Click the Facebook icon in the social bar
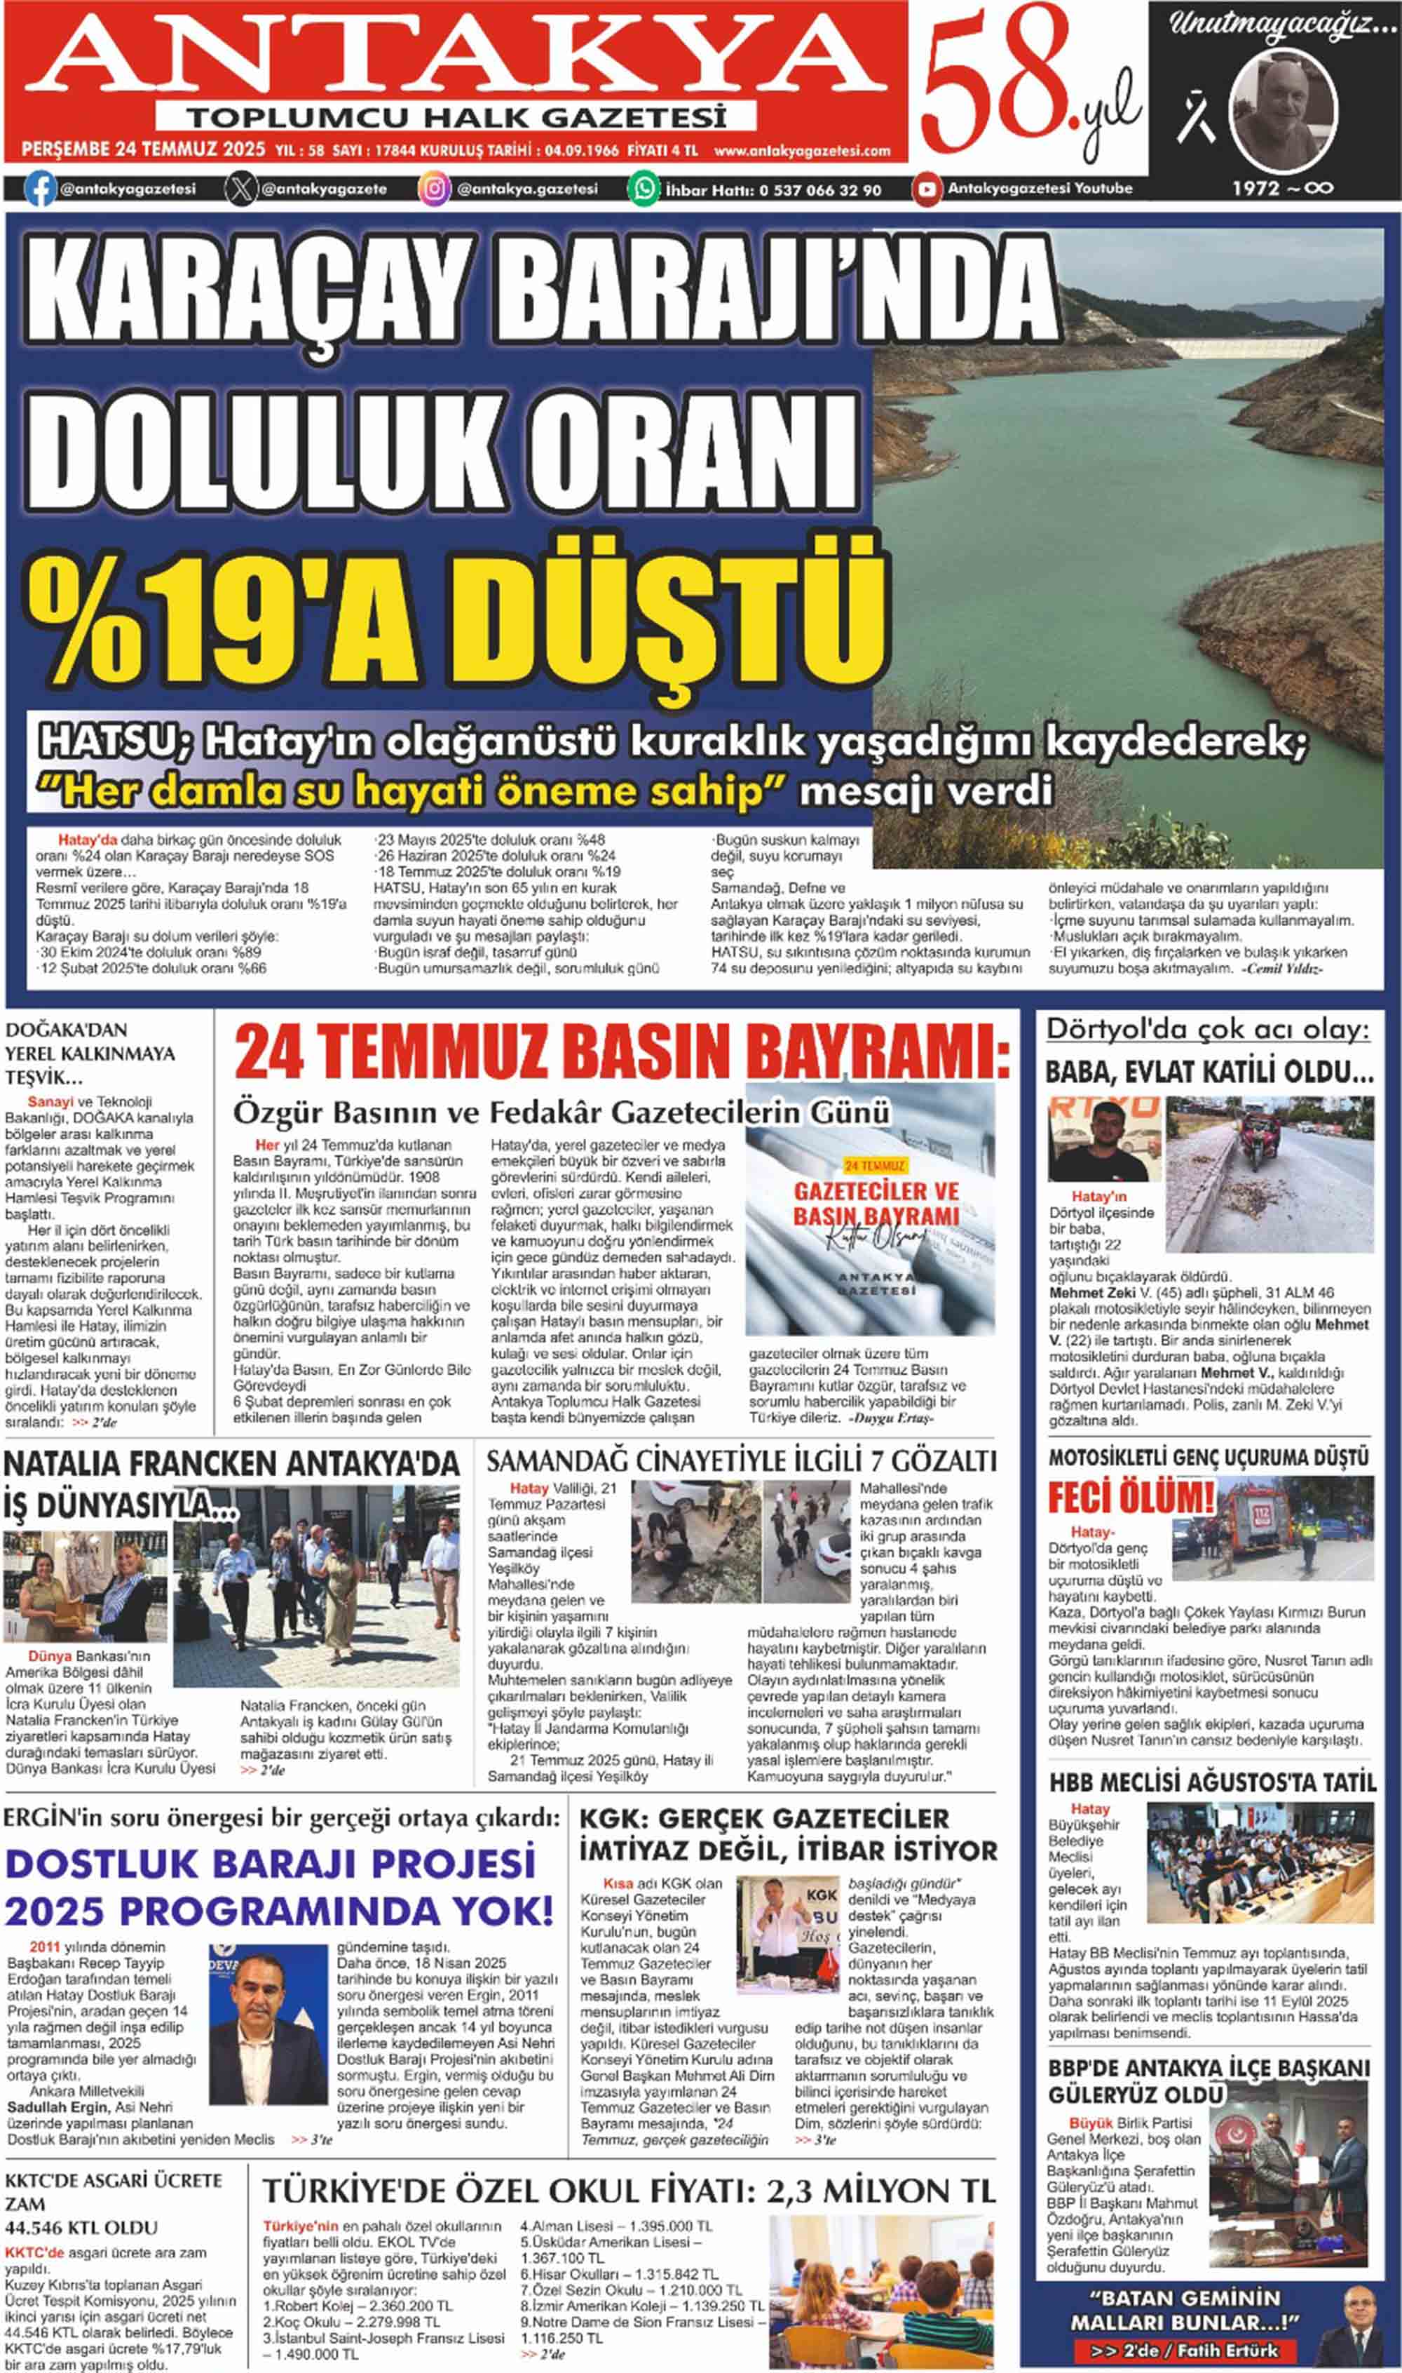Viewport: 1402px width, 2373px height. (40, 189)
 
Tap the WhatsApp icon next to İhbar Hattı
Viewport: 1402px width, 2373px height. (644, 189)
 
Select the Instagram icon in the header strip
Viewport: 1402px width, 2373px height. (434, 189)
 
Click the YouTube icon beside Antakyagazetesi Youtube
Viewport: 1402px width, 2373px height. (927, 189)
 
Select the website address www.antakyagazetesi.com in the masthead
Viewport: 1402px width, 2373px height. (802, 150)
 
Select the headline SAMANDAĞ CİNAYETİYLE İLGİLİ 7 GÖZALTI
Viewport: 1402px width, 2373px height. (741, 1461)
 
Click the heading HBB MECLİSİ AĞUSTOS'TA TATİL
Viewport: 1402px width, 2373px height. (1212, 1782)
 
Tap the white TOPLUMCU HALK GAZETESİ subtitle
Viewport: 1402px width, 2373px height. (456, 118)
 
